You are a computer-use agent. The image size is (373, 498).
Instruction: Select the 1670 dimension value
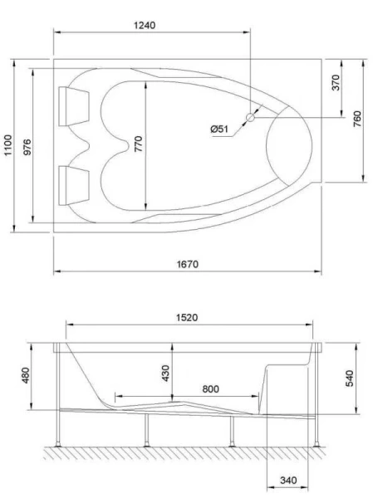(x=187, y=264)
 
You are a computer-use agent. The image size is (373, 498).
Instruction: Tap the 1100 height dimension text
(x=8, y=146)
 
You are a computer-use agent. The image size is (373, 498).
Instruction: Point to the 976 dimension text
(x=27, y=146)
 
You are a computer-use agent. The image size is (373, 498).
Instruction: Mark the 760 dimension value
(x=356, y=120)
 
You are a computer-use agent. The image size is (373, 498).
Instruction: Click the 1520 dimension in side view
(x=187, y=318)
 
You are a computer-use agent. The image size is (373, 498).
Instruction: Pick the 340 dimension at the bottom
(x=287, y=481)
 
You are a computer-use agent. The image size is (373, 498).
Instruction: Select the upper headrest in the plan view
(x=73, y=104)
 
